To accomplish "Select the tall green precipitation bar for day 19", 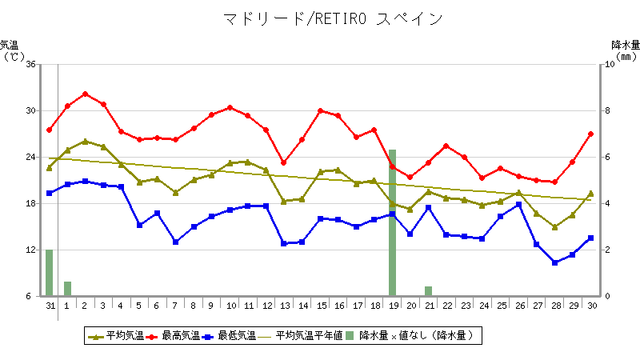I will point(392,222).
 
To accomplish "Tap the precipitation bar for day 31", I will point(49,273).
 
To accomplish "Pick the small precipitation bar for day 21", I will point(428,291).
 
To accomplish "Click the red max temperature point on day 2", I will point(85,94).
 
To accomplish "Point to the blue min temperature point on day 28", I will point(554,262).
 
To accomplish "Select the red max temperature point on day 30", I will point(591,134).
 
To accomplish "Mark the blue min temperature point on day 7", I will point(175,242).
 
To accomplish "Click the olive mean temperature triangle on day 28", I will point(554,227).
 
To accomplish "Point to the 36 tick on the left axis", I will point(30,64).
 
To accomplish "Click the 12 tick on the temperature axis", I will point(30,250).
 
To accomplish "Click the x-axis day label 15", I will point(320,305).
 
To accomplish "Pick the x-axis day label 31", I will point(50,305).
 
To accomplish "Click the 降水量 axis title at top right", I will point(624,45).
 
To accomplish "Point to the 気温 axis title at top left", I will point(10,45).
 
